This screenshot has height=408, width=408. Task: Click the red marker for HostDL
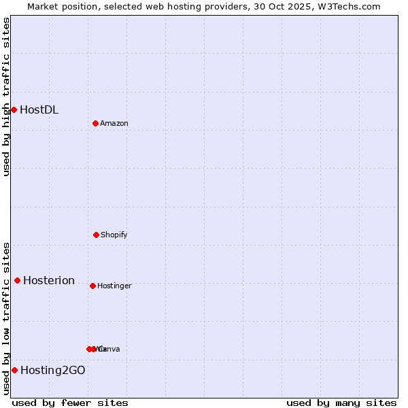[14, 109]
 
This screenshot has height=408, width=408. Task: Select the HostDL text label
[39, 109]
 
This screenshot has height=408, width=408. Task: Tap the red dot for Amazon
[95, 123]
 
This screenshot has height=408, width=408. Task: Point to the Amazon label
[114, 123]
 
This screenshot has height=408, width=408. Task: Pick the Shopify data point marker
[96, 235]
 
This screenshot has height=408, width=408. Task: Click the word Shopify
[114, 235]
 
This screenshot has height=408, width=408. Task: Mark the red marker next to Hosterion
[17, 280]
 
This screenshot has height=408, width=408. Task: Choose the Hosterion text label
[49, 280]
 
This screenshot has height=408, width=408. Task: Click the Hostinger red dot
[92, 286]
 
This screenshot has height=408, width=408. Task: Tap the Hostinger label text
[114, 286]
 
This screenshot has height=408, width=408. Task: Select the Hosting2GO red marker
[14, 370]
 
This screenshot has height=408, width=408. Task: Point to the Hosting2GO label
[53, 370]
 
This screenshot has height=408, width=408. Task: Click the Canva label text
[110, 349]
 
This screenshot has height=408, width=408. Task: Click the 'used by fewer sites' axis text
[70, 403]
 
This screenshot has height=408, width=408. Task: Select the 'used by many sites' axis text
[341, 403]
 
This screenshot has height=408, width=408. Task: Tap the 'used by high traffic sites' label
[6, 97]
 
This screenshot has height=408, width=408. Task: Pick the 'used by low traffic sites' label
[6, 318]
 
